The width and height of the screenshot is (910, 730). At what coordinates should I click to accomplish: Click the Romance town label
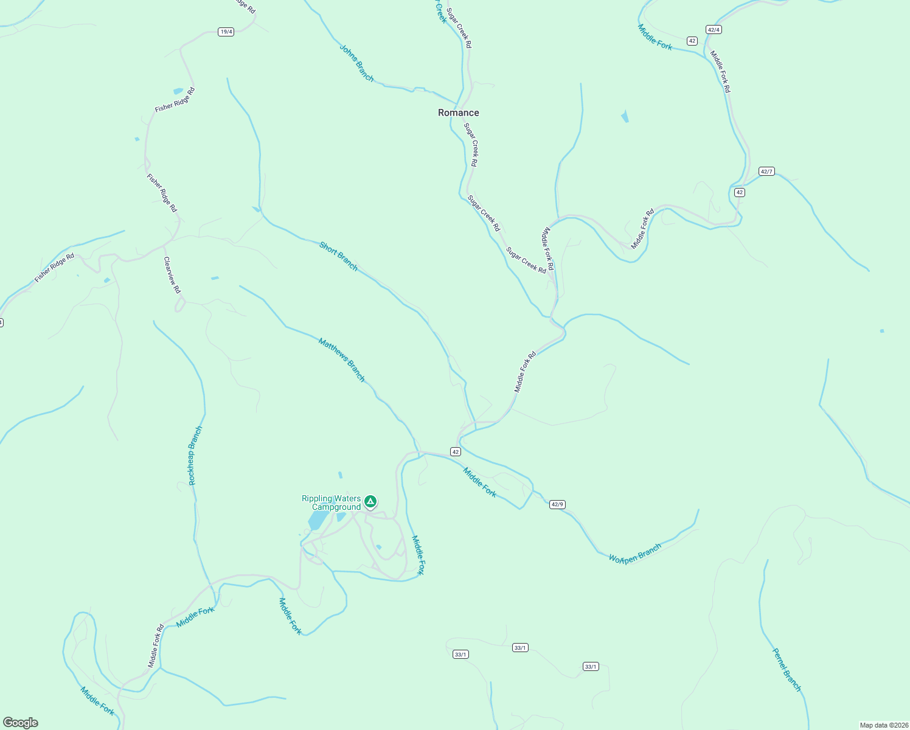click(459, 113)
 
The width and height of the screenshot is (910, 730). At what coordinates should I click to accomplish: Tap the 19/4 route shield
click(226, 32)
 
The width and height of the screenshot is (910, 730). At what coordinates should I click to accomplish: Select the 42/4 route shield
click(714, 29)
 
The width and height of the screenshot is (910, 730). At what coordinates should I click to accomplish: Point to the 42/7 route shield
click(766, 172)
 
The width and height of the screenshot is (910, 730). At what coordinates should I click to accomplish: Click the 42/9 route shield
click(557, 504)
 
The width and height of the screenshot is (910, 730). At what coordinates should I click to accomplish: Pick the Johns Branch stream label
click(356, 63)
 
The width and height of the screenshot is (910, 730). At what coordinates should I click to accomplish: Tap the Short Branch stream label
click(339, 256)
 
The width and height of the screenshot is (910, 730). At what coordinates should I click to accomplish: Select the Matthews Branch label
click(341, 360)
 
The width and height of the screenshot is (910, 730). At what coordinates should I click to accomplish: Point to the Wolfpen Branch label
click(634, 554)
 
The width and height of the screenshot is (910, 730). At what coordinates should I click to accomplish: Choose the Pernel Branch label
click(787, 670)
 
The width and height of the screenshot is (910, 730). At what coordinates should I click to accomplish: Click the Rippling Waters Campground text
click(332, 503)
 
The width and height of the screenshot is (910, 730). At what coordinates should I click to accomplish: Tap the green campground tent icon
click(370, 502)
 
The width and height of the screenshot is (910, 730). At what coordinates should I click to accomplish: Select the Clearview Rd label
click(172, 275)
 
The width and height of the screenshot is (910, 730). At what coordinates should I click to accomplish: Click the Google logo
click(21, 723)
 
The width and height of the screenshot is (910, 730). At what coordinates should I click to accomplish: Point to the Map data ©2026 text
click(883, 725)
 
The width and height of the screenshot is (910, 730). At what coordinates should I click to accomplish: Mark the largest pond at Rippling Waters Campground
click(318, 520)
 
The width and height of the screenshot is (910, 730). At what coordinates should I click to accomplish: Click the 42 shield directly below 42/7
click(739, 192)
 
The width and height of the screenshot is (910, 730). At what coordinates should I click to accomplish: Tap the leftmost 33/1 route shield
click(460, 655)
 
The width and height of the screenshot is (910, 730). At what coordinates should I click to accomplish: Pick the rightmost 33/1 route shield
click(590, 667)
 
